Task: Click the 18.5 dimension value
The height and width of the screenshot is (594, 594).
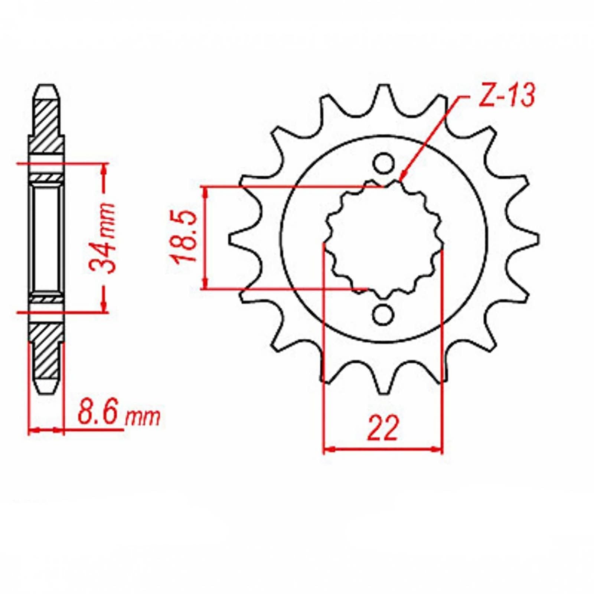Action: tap(185, 236)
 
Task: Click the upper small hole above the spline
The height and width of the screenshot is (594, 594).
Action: tap(383, 164)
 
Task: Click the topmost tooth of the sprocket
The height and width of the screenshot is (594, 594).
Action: tap(384, 89)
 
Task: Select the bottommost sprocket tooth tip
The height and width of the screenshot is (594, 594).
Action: tap(383, 390)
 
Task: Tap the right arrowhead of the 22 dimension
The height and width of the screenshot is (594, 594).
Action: tap(440, 450)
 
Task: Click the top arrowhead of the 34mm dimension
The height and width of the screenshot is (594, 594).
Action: tap(104, 166)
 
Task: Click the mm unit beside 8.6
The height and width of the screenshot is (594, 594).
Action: tap(143, 418)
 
